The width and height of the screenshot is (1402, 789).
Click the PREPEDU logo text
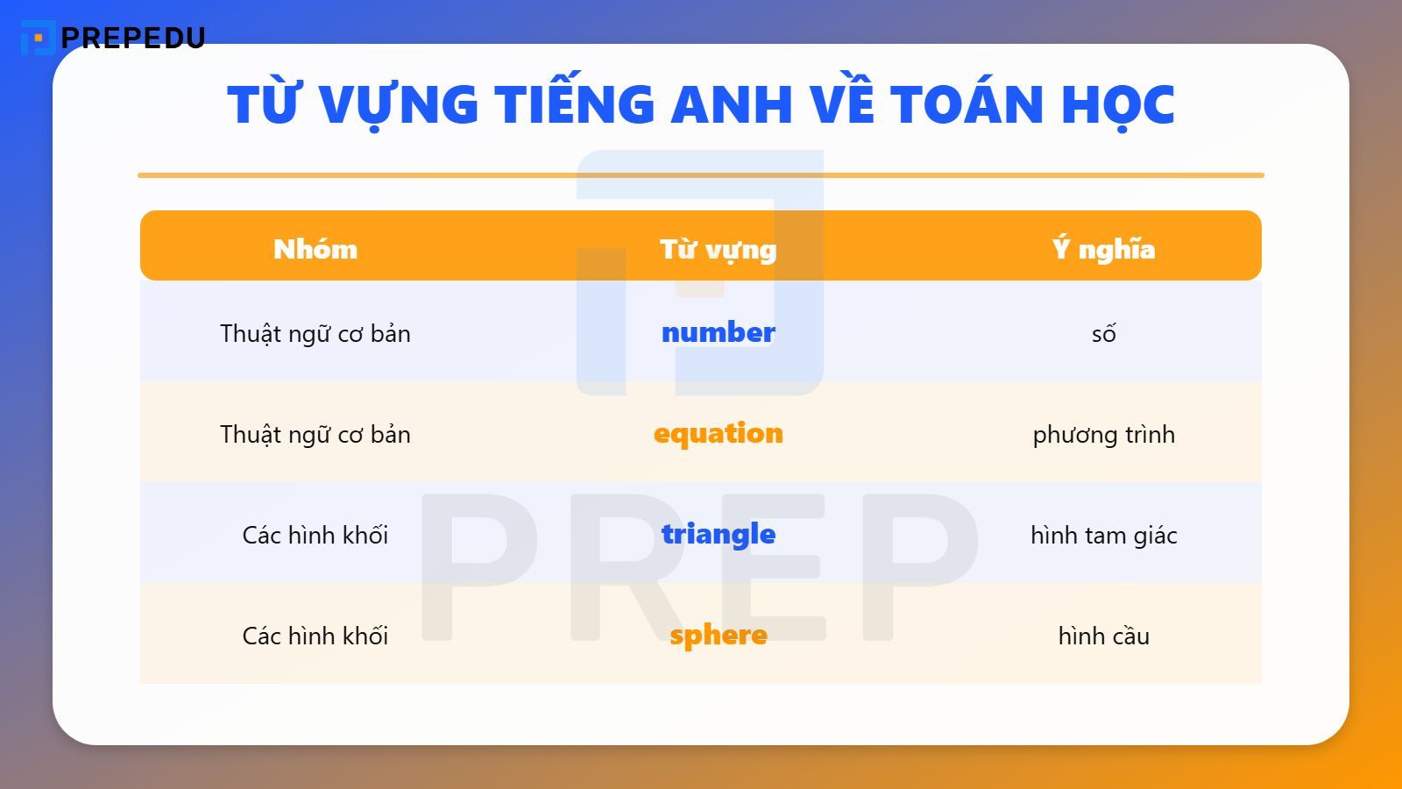click(x=133, y=38)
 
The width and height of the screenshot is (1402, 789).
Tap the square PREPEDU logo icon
click(x=37, y=38)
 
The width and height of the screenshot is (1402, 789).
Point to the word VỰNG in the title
click(x=398, y=105)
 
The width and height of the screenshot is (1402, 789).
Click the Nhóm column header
click(x=315, y=249)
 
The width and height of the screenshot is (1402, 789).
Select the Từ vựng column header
click(x=718, y=249)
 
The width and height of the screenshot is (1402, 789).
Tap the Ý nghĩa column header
click(x=1103, y=249)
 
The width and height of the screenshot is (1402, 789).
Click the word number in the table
click(x=718, y=332)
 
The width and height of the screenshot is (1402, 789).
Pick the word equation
click(x=718, y=433)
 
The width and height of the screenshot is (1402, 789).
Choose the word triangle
click(x=718, y=534)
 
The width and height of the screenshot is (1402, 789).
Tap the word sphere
click(x=718, y=635)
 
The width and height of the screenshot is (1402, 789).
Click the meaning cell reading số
click(x=1103, y=333)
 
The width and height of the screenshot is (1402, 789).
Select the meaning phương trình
click(x=1103, y=434)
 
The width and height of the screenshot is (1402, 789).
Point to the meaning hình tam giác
click(x=1103, y=535)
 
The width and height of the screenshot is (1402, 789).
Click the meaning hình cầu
click(x=1103, y=636)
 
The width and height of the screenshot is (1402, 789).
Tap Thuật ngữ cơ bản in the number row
click(x=315, y=333)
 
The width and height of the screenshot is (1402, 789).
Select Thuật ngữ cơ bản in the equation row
click(x=315, y=434)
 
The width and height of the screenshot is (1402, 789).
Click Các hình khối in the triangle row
click(x=315, y=535)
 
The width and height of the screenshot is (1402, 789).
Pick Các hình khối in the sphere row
click(x=315, y=636)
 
